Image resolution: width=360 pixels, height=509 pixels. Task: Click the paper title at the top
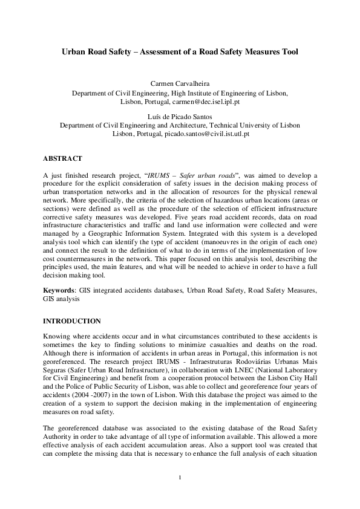[180, 53]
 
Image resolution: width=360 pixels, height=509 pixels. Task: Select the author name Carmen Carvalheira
[180, 83]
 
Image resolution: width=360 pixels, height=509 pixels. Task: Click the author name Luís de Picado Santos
[180, 115]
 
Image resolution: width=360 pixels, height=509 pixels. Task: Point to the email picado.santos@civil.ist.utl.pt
[206, 134]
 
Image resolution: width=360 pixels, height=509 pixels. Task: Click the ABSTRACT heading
[62, 158]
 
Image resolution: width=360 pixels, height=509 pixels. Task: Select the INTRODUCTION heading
[71, 320]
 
